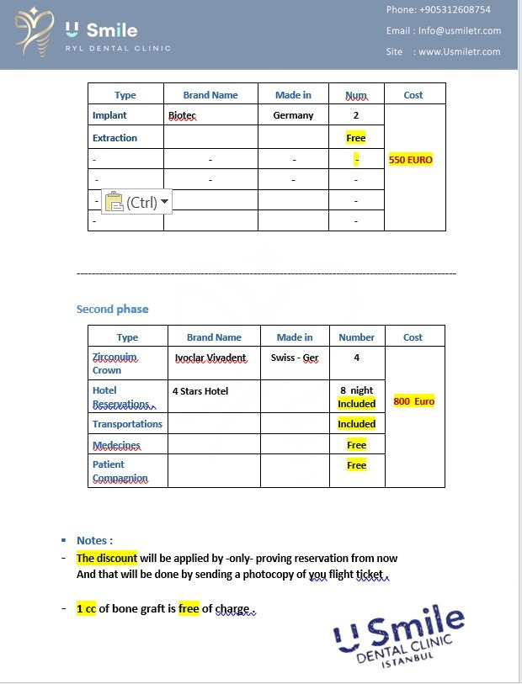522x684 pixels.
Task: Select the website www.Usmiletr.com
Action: pos(459,52)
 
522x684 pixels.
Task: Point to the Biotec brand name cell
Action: pos(182,115)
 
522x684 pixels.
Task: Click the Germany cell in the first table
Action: pos(293,115)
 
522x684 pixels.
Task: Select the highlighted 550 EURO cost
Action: pos(410,159)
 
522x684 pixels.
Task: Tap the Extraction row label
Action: pos(115,138)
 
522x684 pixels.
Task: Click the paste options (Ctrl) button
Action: pos(136,202)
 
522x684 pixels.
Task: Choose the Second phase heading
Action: pos(112,309)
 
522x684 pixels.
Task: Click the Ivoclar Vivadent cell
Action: pos(210,358)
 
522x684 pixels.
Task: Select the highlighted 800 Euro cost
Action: pos(413,401)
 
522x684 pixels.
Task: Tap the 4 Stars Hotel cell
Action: pos(200,390)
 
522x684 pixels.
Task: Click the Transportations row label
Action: pos(127,424)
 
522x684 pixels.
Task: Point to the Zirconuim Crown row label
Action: pos(115,363)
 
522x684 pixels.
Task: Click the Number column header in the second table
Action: pos(356,337)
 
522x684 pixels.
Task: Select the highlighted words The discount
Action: pos(106,558)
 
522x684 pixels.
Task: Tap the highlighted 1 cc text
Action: pos(87,608)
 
